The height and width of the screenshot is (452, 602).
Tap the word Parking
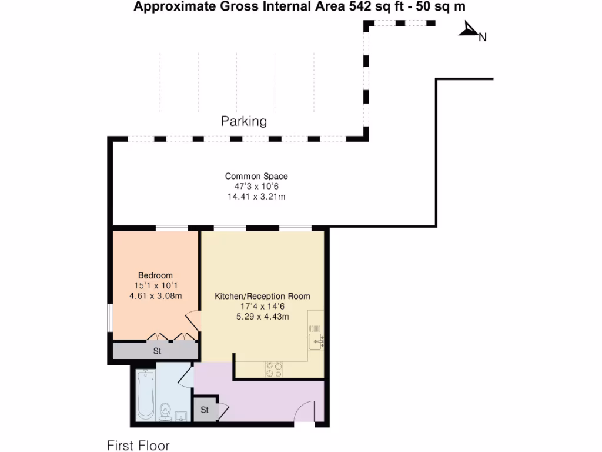244,121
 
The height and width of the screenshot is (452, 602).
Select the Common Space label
256,176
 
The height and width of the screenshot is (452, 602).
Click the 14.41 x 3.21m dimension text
256,197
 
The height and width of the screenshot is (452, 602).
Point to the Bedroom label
155,275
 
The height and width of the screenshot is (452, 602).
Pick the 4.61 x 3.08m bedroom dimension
155,295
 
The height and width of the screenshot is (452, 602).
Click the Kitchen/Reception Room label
262,296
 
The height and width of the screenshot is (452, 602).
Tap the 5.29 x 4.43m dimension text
262,316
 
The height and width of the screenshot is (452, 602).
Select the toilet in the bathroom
166,410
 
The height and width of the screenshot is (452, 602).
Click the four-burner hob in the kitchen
273,369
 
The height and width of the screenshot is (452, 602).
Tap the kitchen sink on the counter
316,341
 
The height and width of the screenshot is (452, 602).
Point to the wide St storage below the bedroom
157,351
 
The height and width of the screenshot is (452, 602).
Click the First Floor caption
138,445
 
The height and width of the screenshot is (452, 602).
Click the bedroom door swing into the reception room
193,323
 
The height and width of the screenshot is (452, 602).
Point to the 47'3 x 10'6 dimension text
256,187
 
